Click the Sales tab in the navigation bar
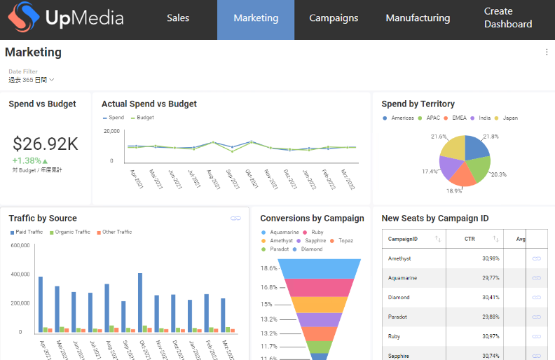[x=178, y=18]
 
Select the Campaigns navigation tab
[x=334, y=18]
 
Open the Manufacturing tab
[x=418, y=18]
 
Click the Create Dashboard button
[x=508, y=18]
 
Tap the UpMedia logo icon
[x=22, y=19]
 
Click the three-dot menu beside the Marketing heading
[x=547, y=52]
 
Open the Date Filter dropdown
[x=32, y=80]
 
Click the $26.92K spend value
[x=46, y=144]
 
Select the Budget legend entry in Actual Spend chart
[x=144, y=118]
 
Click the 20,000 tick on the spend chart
[x=112, y=131]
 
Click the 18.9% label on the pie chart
[x=454, y=190]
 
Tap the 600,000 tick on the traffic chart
[x=20, y=246]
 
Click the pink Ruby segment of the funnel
[x=320, y=287]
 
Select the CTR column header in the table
[x=470, y=239]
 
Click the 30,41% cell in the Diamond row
[x=490, y=297]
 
